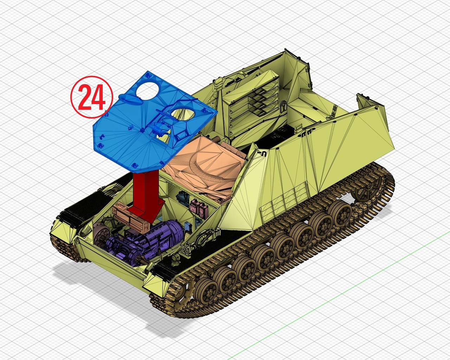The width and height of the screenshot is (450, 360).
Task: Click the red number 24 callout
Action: (92, 97)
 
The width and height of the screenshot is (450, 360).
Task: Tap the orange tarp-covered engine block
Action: (204, 167)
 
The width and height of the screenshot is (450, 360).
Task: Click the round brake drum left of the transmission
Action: (101, 232)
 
